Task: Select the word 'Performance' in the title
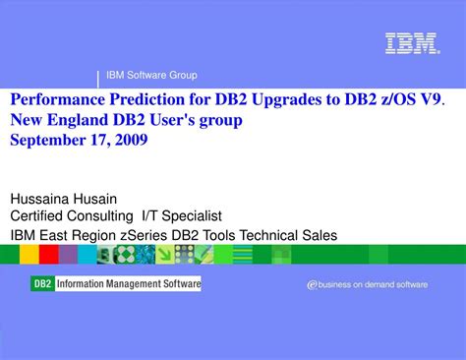click(x=52, y=100)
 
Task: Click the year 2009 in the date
click(x=131, y=140)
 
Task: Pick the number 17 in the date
click(x=99, y=140)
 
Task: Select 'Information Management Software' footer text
click(x=128, y=284)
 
